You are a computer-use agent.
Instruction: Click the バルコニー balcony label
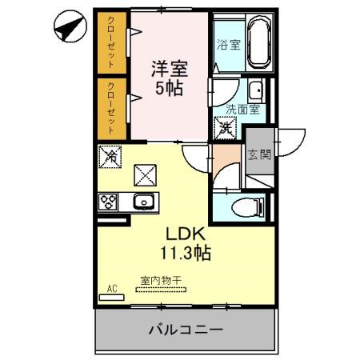pyautogui.click(x=185, y=329)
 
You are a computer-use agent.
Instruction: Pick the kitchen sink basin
pyautogui.click(x=144, y=202)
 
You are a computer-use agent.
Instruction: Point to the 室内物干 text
pyautogui.click(x=161, y=280)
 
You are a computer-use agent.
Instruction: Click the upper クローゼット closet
pyautogui.click(x=112, y=42)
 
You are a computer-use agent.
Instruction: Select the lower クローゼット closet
pyautogui.click(x=112, y=106)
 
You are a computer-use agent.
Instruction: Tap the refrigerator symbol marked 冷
pyautogui.click(x=110, y=157)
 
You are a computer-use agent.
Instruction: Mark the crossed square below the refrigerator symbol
pyautogui.click(x=146, y=172)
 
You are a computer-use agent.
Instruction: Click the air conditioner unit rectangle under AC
pyautogui.click(x=111, y=296)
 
